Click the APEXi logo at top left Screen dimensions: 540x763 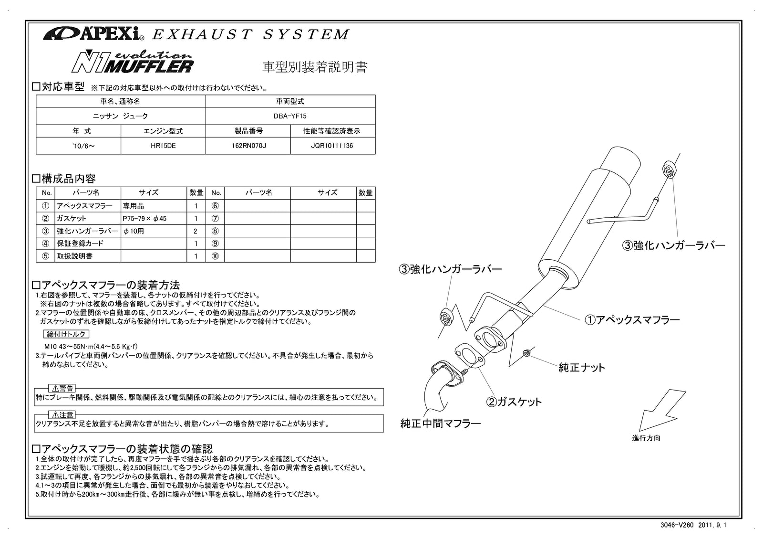coord(91,34)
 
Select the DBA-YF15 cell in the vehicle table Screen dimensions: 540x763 coord(290,116)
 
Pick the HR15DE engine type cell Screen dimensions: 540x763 coord(163,146)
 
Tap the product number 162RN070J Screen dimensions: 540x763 coord(248,146)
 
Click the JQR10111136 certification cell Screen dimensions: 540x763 coord(332,146)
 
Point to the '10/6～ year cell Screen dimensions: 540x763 coord(79,146)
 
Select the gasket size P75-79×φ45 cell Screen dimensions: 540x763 coord(154,218)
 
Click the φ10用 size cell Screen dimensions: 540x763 coord(154,231)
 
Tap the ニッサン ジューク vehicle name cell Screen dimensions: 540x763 coord(121,116)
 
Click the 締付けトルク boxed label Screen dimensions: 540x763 coord(66,334)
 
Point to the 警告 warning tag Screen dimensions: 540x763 coord(62,388)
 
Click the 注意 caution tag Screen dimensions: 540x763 coord(62,415)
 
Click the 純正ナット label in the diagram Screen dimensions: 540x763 coord(581,367)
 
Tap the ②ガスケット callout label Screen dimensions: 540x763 coord(514,402)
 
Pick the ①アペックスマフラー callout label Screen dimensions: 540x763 coord(632,319)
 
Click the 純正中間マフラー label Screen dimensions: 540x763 coord(440,423)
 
